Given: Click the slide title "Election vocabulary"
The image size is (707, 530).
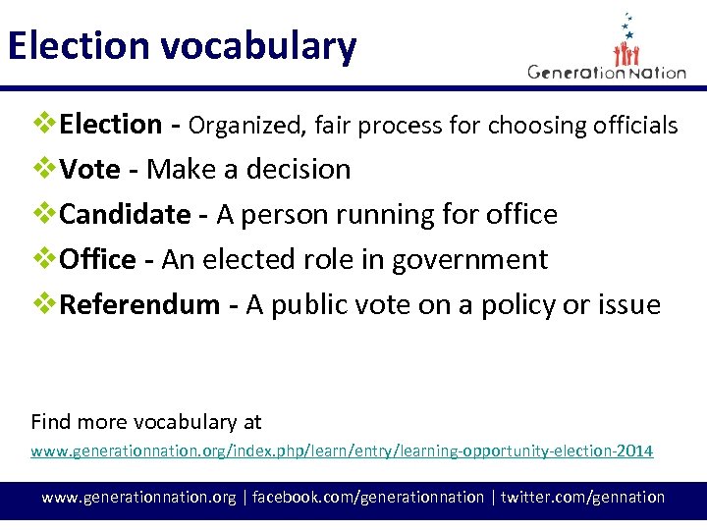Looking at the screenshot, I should [x=182, y=47].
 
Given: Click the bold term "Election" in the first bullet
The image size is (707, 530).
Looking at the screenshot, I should [x=111, y=125].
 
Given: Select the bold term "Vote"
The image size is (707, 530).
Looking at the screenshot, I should [x=89, y=170].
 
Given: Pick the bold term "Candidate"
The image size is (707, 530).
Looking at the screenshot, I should [x=126, y=215].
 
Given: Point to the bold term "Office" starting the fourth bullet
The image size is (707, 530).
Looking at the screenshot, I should [x=98, y=260].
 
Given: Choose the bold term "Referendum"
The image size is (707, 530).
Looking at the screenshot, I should [x=139, y=305].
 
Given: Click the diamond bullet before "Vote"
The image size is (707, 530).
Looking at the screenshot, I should [x=44, y=169].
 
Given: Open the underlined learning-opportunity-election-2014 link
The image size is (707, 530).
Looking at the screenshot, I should [x=342, y=451].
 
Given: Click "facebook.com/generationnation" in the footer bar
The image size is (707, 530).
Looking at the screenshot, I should [x=368, y=498].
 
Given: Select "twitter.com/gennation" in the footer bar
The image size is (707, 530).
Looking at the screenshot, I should [x=582, y=498].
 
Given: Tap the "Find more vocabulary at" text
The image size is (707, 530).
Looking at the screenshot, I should [x=146, y=422].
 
